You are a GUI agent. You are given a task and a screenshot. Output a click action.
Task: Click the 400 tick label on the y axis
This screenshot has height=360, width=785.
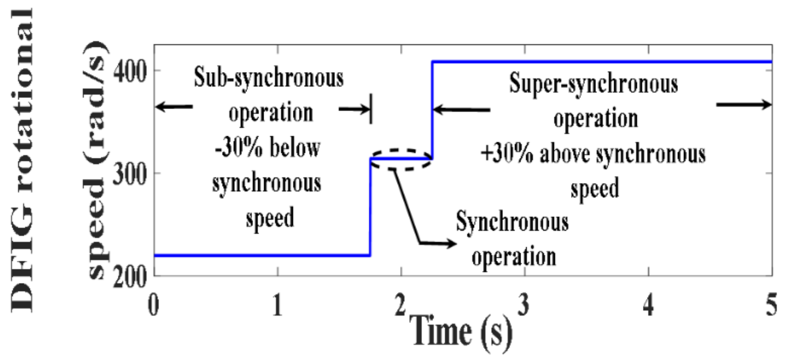click(x=130, y=71)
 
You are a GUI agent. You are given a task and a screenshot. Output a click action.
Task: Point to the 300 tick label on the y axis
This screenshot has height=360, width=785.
click(x=130, y=174)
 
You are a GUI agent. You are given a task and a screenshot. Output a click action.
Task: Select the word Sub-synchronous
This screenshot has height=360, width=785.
click(x=269, y=78)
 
